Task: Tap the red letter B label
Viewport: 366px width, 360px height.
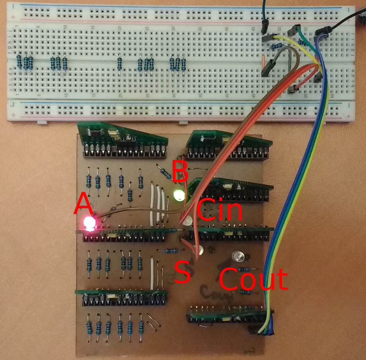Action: pyautogui.click(x=180, y=170)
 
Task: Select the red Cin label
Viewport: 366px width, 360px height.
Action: pyautogui.click(x=219, y=210)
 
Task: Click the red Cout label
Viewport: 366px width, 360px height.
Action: pyautogui.click(x=253, y=279)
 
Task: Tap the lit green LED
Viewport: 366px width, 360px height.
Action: pyautogui.click(x=179, y=195)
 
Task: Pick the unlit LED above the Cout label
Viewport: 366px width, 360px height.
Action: pyautogui.click(x=238, y=256)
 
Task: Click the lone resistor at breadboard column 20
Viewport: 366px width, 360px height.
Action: pyautogui.click(x=119, y=64)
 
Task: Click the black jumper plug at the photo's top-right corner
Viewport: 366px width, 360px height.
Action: pyautogui.click(x=361, y=16)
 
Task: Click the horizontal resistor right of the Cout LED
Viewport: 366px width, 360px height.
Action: pyautogui.click(x=244, y=269)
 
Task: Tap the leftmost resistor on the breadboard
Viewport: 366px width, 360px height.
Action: pyautogui.click(x=19, y=62)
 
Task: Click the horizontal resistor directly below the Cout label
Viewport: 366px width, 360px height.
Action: pyautogui.click(x=245, y=292)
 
